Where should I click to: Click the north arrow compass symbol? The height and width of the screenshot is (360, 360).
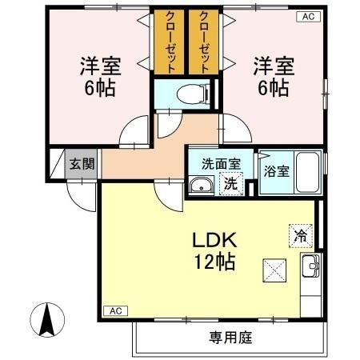(x=46, y=322)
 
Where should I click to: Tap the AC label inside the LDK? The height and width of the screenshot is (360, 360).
(x=115, y=310)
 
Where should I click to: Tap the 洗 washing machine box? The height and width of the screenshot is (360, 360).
(x=230, y=182)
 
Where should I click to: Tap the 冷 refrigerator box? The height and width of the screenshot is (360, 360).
(x=300, y=236)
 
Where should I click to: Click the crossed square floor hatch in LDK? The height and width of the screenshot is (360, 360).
(x=274, y=271)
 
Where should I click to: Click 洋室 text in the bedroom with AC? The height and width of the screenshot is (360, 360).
(x=274, y=62)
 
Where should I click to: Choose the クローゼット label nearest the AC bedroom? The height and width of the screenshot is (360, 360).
(x=203, y=42)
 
